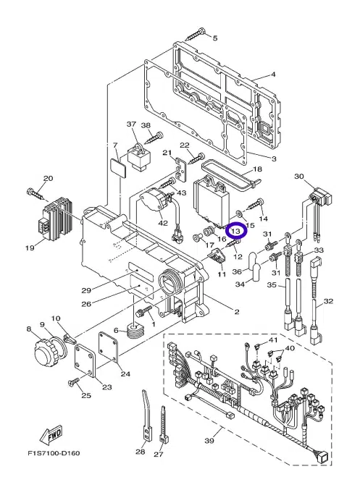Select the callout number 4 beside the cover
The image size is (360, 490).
click(x=273, y=74)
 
